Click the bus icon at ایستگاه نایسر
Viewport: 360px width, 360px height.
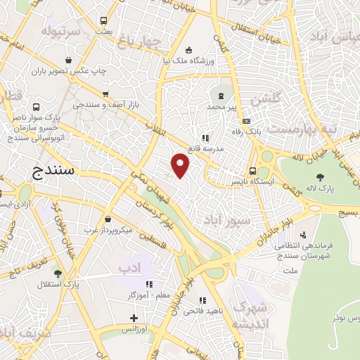252,171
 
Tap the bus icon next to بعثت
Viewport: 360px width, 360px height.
104,21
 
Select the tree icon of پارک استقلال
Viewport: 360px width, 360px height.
57,274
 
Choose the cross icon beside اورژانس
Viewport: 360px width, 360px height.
134,319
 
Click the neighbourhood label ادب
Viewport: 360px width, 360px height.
130,266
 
